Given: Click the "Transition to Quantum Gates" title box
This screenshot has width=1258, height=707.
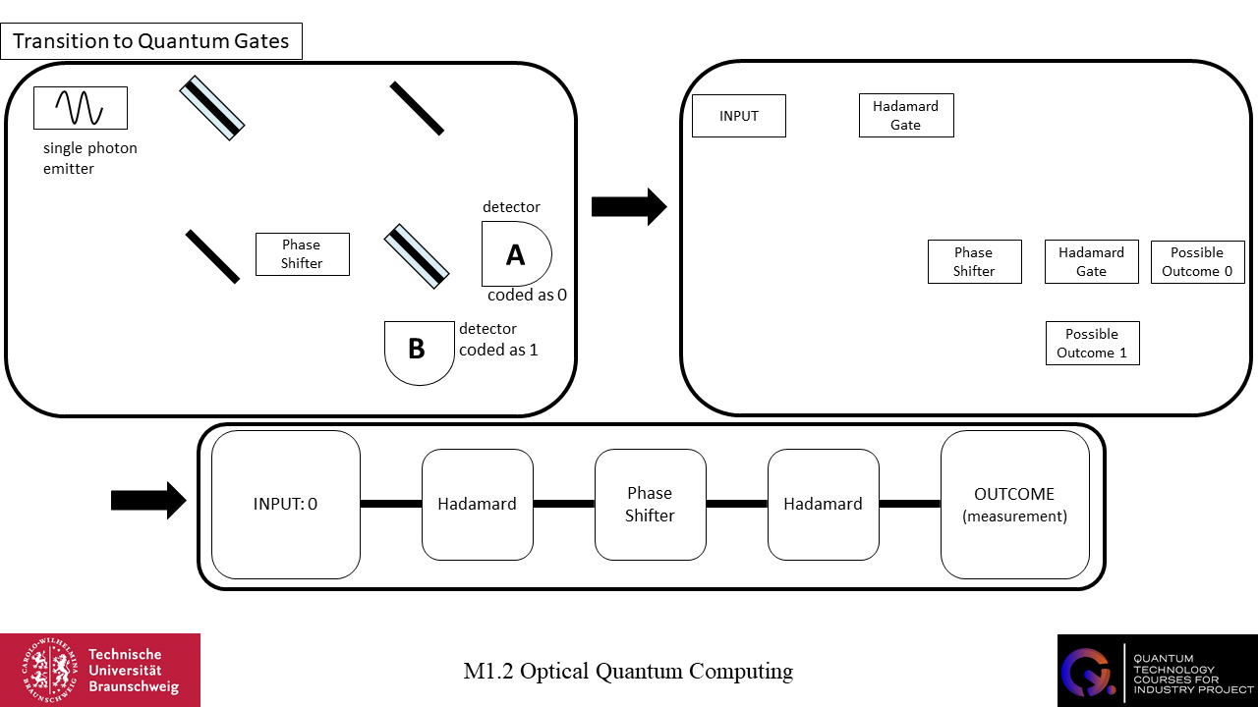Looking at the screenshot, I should point(152,42).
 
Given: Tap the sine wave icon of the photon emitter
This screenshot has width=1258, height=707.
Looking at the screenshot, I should point(80,108).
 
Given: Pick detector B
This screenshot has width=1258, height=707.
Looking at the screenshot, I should point(419,351).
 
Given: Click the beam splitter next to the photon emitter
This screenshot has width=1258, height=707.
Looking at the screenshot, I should point(211,108).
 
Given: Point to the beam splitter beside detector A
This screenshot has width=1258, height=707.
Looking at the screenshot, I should point(417,256).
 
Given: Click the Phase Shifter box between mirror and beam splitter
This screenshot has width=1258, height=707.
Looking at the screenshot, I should point(302,254).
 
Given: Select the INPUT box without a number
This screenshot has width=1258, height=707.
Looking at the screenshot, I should point(739,116).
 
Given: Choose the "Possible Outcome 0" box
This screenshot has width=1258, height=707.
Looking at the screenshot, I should point(1197,262).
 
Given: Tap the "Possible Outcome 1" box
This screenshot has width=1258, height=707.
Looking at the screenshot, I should point(1092,344).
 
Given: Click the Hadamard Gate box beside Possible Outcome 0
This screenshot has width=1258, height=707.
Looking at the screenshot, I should point(1091,262).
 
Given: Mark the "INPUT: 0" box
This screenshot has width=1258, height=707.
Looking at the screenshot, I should point(286,505).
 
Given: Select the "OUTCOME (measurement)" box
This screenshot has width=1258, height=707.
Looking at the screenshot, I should point(1014,505).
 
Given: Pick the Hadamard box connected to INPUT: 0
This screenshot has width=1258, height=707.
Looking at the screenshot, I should point(478,505).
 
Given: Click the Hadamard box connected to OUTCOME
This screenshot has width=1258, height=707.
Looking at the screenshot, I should point(823,505).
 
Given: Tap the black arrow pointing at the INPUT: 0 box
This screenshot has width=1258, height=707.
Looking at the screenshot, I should point(148,500).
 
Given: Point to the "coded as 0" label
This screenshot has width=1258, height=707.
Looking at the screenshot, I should point(527,295).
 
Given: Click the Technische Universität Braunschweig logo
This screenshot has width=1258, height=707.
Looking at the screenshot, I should point(100,670).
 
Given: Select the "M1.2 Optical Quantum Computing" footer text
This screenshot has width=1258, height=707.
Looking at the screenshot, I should point(628,672).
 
